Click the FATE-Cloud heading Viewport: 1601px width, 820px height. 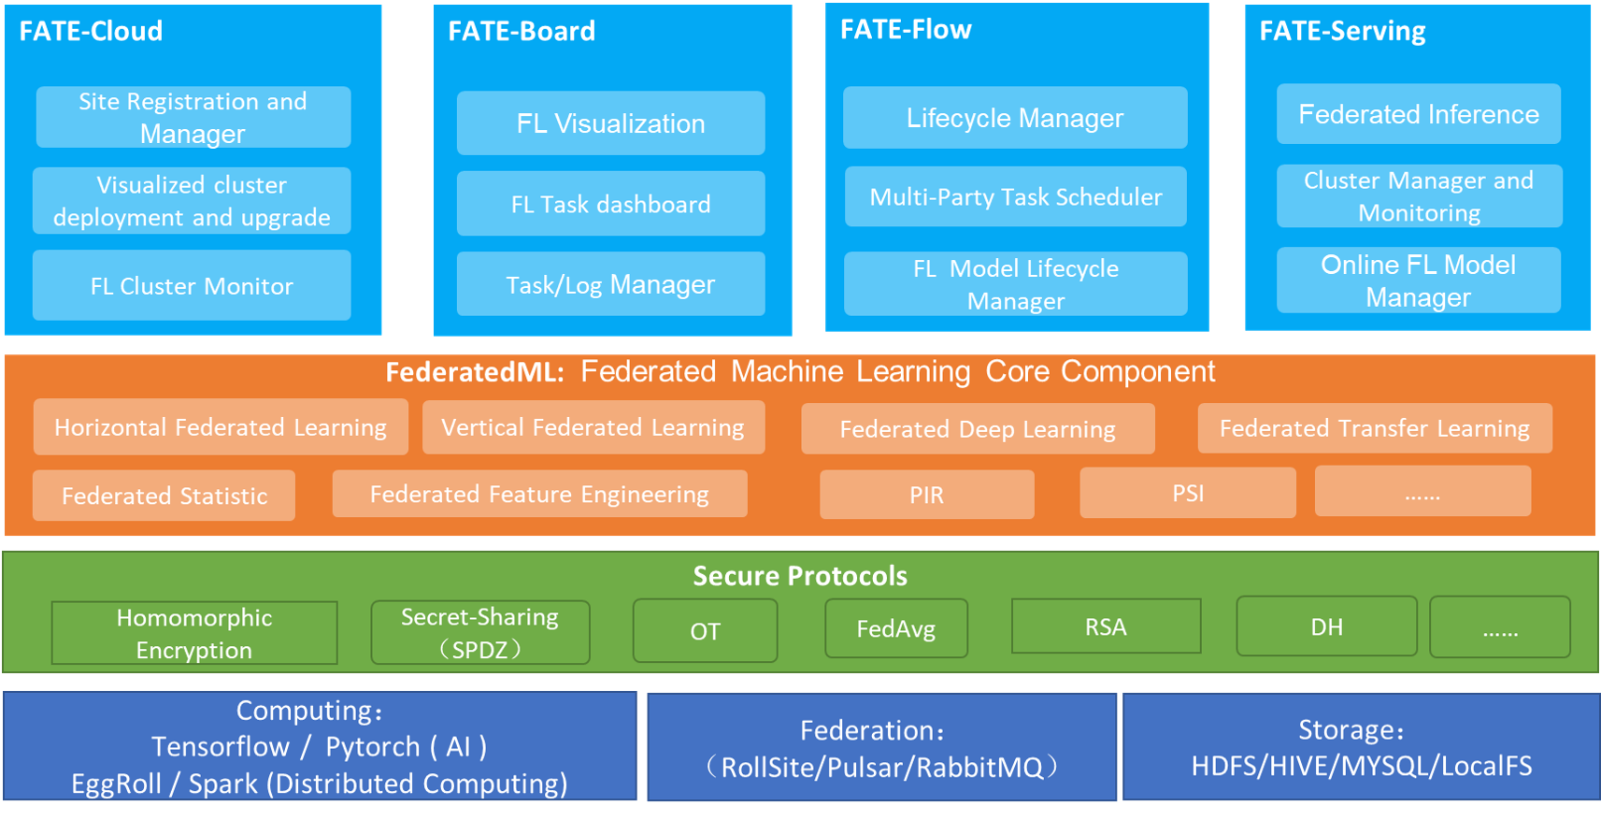pyautogui.click(x=91, y=31)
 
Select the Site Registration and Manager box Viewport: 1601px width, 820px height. pyautogui.click(x=193, y=117)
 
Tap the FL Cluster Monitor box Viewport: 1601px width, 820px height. pyautogui.click(x=192, y=285)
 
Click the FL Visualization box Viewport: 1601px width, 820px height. pyautogui.click(x=610, y=123)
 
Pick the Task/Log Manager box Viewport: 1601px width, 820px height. pyautogui.click(x=610, y=284)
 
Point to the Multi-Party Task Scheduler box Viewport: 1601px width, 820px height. pyautogui.click(x=1015, y=196)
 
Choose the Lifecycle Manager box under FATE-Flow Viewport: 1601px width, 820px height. pyautogui.click(x=1015, y=118)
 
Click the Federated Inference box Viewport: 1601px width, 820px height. pyautogui.click(x=1418, y=114)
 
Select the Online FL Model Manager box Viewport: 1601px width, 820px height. pyautogui.click(x=1418, y=281)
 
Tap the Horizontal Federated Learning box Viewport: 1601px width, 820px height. pyautogui.click(x=221, y=427)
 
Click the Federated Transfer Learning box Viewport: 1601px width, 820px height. pyautogui.click(x=1374, y=428)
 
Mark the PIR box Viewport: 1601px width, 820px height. pyautogui.click(x=926, y=495)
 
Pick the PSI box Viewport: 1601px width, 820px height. pyautogui.click(x=1188, y=493)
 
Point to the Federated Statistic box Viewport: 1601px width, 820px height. pyautogui.click(x=164, y=496)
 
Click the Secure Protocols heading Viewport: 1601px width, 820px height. pyautogui.click(x=800, y=576)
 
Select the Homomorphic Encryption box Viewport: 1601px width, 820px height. pyautogui.click(x=194, y=633)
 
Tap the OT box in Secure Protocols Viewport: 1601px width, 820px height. pyautogui.click(x=705, y=631)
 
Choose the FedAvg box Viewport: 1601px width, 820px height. pyautogui.click(x=895, y=629)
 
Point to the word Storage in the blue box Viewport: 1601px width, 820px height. pyautogui.click(x=1348, y=730)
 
